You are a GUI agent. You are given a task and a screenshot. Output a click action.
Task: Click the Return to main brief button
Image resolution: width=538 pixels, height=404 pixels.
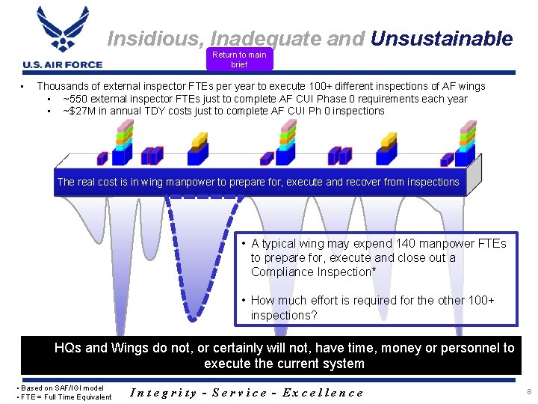(238, 59)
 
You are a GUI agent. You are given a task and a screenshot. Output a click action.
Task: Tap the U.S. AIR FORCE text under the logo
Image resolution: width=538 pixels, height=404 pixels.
(63, 64)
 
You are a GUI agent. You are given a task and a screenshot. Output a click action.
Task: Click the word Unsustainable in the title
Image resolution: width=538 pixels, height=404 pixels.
(441, 39)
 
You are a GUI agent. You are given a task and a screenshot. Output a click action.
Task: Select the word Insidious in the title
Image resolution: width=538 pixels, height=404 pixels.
(155, 39)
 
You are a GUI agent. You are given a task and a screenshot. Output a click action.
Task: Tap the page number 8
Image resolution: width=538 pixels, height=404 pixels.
(528, 391)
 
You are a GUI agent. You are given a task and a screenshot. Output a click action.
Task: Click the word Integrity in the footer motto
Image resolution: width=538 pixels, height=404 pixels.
(163, 392)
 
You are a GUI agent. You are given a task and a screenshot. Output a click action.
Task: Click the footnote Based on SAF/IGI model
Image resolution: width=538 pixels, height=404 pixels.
(61, 388)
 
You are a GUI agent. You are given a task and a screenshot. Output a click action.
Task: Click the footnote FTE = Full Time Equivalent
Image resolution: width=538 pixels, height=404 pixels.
(64, 397)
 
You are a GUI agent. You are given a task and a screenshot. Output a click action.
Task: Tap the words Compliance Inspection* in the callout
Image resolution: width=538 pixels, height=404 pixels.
(313, 272)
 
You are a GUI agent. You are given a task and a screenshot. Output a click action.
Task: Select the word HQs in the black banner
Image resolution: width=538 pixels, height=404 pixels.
(68, 348)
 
